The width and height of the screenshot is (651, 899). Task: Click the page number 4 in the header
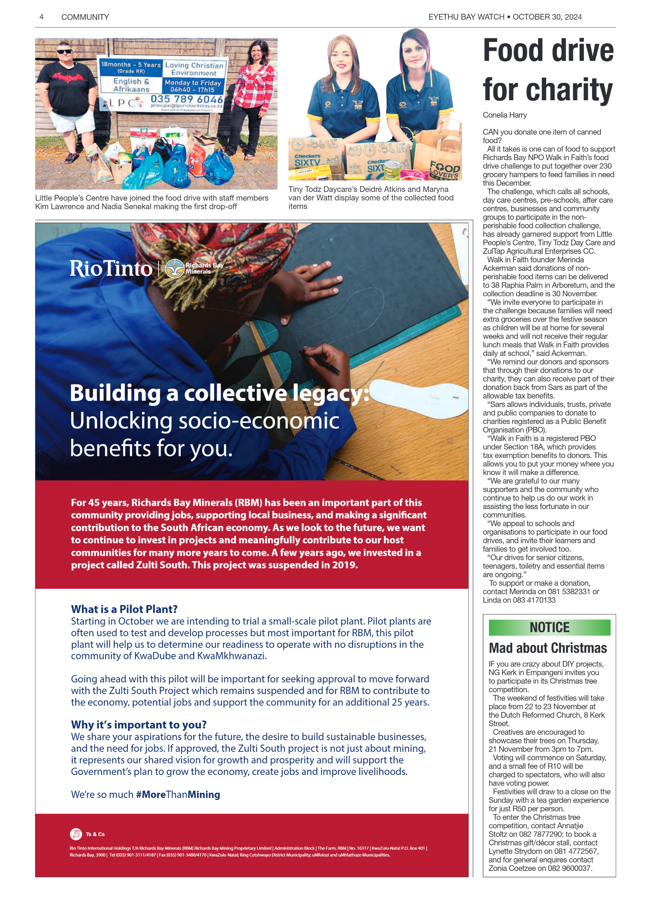click(x=41, y=17)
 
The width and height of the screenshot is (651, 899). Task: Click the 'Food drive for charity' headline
click(x=548, y=70)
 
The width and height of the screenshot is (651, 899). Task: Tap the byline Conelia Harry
click(x=505, y=115)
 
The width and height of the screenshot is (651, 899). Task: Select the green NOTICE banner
click(x=549, y=627)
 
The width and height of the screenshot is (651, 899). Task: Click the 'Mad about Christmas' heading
click(x=547, y=648)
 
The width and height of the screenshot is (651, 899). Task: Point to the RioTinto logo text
click(x=111, y=268)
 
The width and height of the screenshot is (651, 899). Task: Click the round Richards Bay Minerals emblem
click(x=175, y=268)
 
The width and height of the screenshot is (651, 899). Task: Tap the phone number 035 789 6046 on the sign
click(x=186, y=99)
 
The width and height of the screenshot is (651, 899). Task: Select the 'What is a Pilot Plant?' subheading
click(x=124, y=609)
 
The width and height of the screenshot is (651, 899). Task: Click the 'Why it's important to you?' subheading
click(x=139, y=725)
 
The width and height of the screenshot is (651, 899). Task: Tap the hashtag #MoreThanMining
click(x=178, y=795)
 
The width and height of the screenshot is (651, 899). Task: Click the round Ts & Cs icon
click(x=76, y=834)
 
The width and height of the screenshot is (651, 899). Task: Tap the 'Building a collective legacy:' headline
click(x=219, y=393)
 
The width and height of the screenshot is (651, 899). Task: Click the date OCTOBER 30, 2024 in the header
click(x=547, y=17)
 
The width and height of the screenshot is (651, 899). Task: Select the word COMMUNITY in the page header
click(x=85, y=17)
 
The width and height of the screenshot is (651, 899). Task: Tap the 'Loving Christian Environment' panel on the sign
click(x=194, y=69)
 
